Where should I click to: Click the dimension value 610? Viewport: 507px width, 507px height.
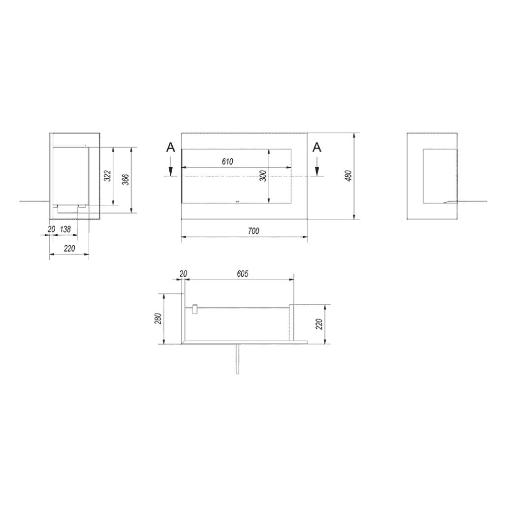point(227,161)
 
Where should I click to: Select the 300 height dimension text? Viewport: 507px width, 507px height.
point(264,176)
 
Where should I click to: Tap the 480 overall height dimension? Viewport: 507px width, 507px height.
point(349,176)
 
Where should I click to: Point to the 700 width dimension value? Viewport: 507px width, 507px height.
point(253,231)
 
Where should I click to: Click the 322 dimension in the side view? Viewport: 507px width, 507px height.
point(109,176)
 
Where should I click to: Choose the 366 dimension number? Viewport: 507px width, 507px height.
point(126,180)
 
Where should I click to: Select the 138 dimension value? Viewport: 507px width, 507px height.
point(65,229)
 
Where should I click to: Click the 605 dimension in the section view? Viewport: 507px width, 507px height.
point(243,274)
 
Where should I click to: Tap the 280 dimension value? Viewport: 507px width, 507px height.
point(158,319)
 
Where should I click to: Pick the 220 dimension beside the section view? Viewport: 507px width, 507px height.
point(319,324)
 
